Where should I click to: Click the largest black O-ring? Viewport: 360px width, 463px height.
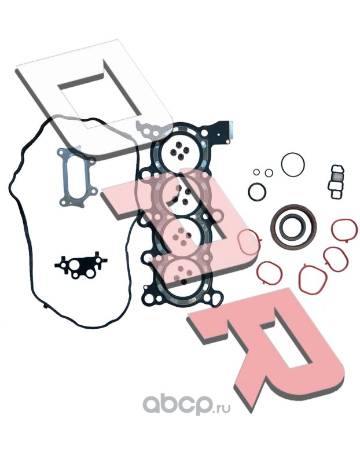(281, 164)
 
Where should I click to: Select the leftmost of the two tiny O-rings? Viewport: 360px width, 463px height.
(256, 172)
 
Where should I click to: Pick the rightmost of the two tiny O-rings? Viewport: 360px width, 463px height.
(269, 173)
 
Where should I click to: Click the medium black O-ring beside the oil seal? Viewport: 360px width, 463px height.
(249, 192)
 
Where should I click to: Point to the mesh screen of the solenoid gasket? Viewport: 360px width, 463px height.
(338, 178)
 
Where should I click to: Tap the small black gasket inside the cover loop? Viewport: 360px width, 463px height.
(80, 264)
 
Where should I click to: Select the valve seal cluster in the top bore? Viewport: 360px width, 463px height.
(178, 149)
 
